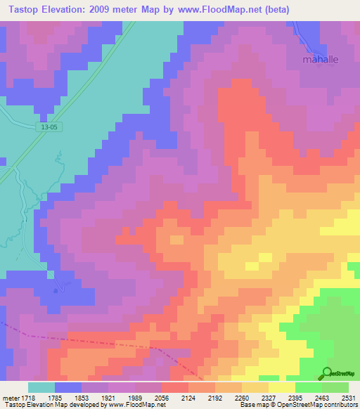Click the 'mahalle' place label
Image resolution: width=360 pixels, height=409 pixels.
click(x=320, y=60)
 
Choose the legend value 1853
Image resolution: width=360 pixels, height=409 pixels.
click(x=81, y=397)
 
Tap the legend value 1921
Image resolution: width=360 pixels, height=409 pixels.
click(x=108, y=397)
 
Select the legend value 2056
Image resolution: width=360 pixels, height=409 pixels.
click(x=161, y=397)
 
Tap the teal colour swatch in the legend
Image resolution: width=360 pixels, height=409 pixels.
click(x=41, y=387)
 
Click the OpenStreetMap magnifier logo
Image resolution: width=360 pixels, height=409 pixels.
click(x=327, y=373)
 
